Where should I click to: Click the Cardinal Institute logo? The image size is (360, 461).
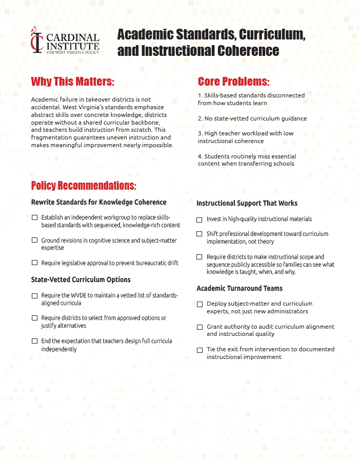(65, 40)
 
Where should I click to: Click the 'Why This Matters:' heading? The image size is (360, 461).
(72, 82)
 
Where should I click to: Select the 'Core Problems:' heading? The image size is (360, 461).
(233, 82)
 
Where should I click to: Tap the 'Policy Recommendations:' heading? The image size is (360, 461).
(84, 185)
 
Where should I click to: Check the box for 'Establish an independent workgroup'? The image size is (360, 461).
(34, 217)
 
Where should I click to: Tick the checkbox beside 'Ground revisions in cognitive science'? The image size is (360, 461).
(34, 240)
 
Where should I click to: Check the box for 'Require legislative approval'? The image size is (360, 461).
(34, 263)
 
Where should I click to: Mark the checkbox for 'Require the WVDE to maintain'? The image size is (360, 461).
(34, 296)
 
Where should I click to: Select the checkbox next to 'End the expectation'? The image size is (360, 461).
(34, 341)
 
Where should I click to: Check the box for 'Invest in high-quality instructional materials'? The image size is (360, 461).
(199, 219)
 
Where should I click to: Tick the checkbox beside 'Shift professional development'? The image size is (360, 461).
(199, 234)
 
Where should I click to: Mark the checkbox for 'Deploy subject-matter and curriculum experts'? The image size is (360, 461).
(199, 304)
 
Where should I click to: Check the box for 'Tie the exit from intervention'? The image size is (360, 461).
(199, 350)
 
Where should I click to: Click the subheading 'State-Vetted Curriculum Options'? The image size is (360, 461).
(81, 279)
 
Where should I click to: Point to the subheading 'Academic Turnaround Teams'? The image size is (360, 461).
(239, 288)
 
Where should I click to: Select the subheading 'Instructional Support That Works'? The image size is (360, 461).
(247, 203)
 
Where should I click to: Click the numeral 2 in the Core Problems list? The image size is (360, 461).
(199, 118)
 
